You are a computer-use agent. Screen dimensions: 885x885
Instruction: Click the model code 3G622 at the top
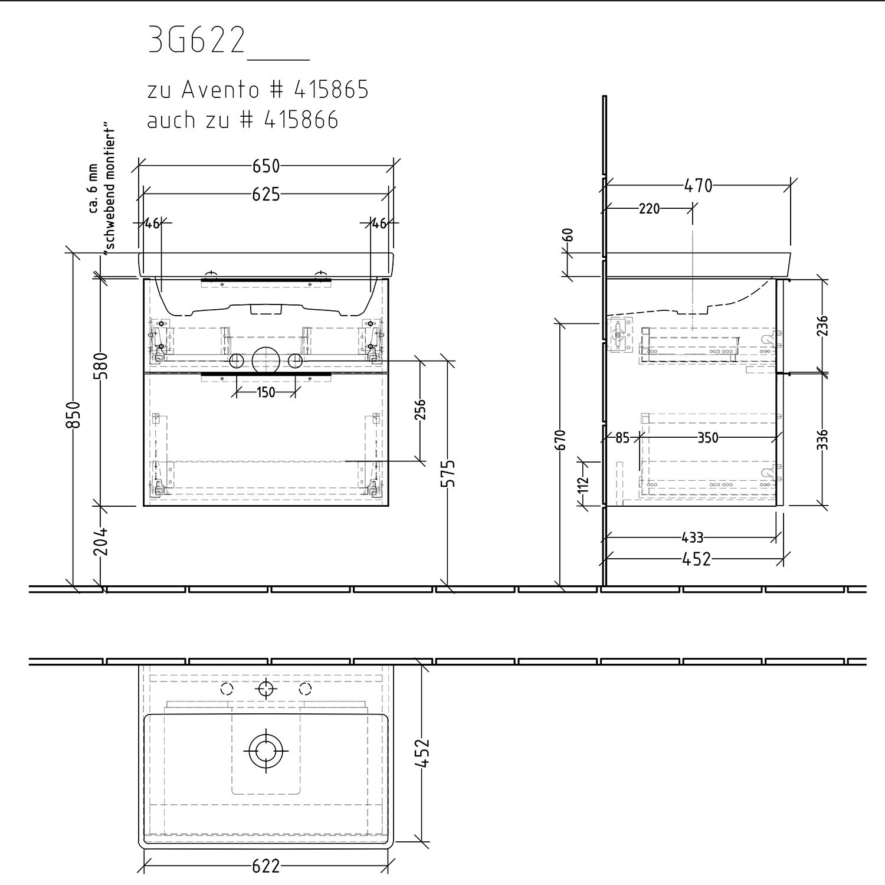(x=196, y=41)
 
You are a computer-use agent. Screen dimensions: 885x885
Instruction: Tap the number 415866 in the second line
(x=301, y=120)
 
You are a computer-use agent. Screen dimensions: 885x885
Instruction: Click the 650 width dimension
(x=266, y=166)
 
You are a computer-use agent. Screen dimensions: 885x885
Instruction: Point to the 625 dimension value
(x=266, y=194)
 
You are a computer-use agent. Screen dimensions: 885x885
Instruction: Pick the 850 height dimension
(x=73, y=415)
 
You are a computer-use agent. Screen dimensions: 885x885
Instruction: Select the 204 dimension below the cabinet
(x=101, y=541)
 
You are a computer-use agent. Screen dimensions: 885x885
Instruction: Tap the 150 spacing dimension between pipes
(x=266, y=392)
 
